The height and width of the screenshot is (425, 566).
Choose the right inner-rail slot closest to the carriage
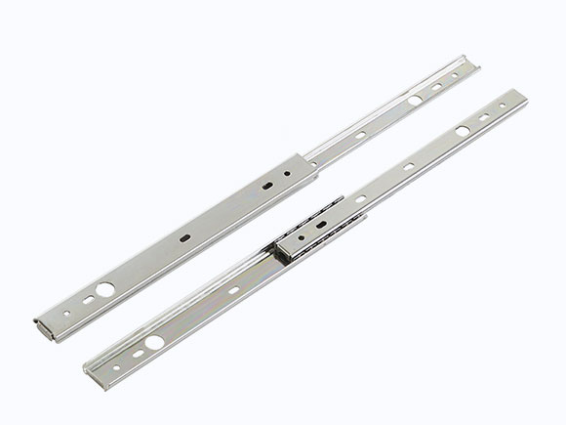pos(361,198)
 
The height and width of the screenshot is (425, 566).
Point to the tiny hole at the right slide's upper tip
pos(507,103)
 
